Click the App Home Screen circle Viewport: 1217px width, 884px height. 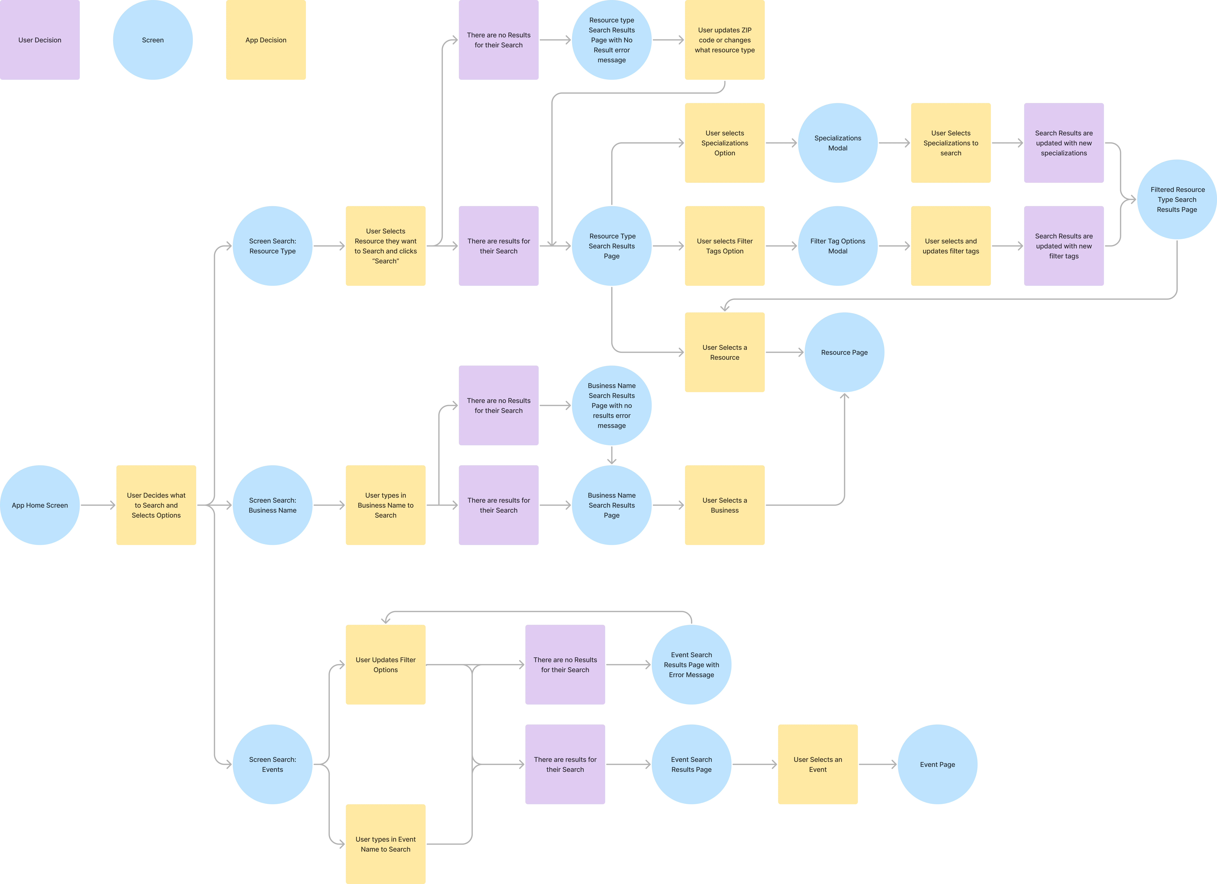pyautogui.click(x=40, y=505)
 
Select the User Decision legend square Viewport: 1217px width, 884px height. pyautogui.click(x=40, y=40)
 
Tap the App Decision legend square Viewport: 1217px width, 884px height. pyautogui.click(x=266, y=40)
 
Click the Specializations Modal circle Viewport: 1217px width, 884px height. pyautogui.click(x=838, y=143)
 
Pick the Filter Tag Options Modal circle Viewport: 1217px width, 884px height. pyautogui.click(x=838, y=246)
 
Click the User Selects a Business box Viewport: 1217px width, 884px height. pyautogui.click(x=724, y=505)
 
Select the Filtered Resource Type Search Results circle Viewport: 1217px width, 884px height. pyautogui.click(x=1177, y=199)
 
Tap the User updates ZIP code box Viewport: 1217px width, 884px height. pyautogui.click(x=724, y=40)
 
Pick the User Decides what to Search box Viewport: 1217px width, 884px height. pyautogui.click(x=156, y=505)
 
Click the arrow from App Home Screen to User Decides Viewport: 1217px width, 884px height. pyautogui.click(x=98, y=505)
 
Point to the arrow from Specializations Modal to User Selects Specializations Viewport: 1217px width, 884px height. pyautogui.click(x=894, y=143)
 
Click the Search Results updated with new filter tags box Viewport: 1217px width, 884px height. pyautogui.click(x=1063, y=246)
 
